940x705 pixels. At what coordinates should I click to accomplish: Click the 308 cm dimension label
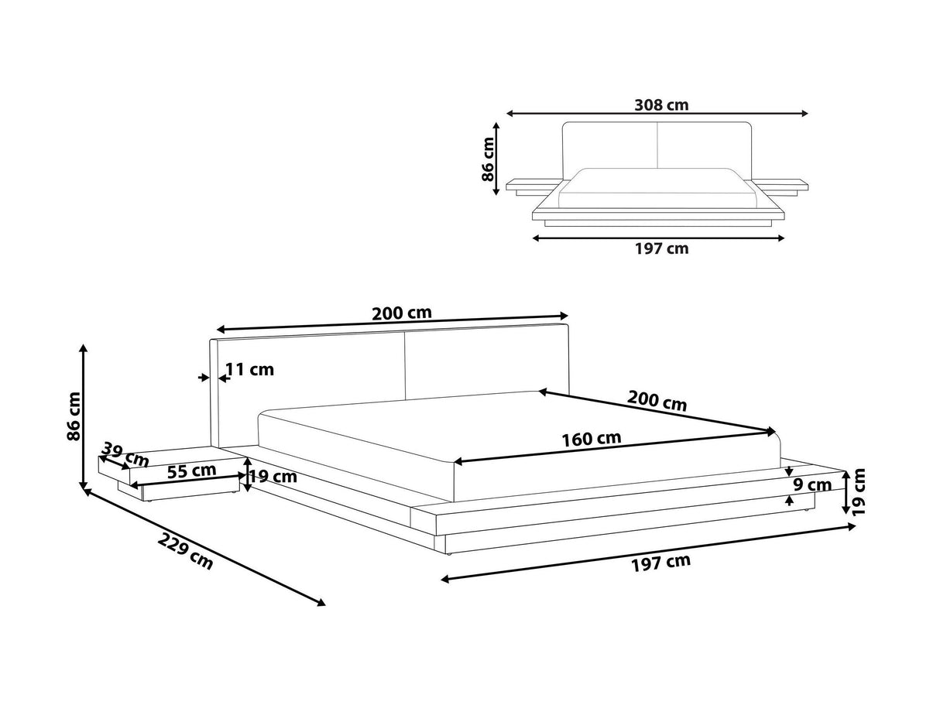[x=660, y=105]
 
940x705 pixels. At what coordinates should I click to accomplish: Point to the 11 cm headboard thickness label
[x=249, y=369]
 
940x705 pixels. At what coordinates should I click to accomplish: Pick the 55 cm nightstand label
[x=191, y=471]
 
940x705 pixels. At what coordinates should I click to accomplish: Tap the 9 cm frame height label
[x=812, y=485]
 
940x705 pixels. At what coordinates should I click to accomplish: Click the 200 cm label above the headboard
[x=401, y=313]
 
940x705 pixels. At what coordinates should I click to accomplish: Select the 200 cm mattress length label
[x=657, y=401]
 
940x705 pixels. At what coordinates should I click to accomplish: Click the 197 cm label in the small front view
[x=661, y=248]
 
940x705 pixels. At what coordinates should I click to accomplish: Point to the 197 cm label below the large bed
[x=660, y=563]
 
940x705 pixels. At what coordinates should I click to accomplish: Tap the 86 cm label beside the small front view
[x=488, y=159]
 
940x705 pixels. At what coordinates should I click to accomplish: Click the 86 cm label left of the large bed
[x=74, y=416]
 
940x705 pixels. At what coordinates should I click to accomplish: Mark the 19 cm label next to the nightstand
[x=273, y=477]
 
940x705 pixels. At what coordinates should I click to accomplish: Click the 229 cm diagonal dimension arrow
[x=204, y=547]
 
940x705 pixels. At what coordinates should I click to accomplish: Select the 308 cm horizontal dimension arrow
[x=657, y=114]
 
